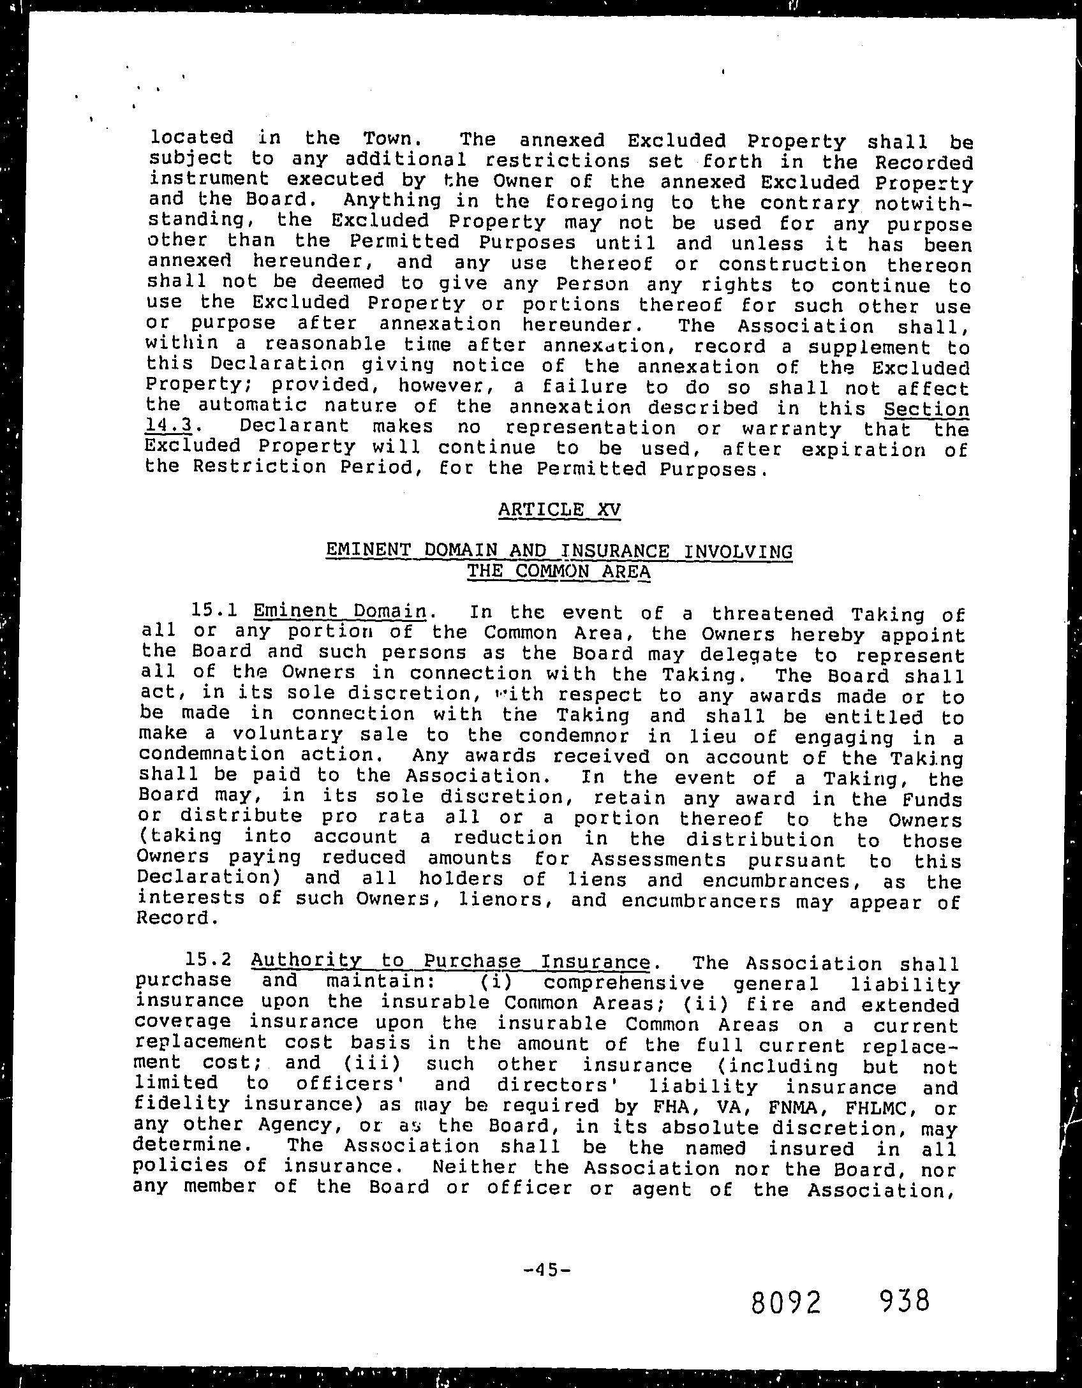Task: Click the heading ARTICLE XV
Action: [559, 510]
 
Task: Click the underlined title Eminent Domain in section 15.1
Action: [340, 612]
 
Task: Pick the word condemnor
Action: [572, 736]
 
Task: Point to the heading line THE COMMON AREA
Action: [559, 571]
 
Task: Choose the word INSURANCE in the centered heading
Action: [616, 550]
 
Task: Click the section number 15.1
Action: [214, 611]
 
